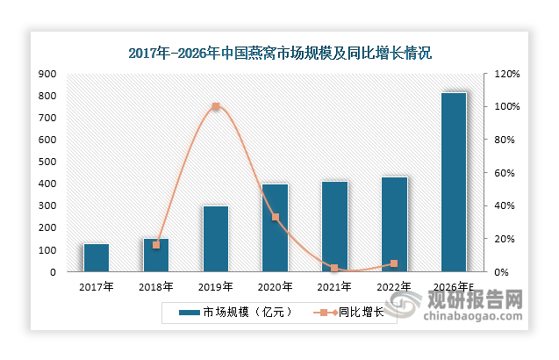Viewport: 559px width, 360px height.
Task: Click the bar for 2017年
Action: point(97,258)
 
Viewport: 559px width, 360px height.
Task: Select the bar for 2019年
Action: point(216,239)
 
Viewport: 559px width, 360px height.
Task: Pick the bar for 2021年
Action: point(334,227)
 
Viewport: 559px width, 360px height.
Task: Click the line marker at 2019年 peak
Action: point(216,107)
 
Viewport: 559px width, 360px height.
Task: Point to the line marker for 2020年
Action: point(276,217)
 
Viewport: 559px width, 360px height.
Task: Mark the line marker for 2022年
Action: point(394,263)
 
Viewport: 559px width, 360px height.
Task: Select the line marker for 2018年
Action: point(156,245)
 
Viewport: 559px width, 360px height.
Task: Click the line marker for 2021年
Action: point(334,268)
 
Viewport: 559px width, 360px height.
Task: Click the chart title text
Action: point(280,54)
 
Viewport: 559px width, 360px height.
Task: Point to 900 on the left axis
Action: point(47,74)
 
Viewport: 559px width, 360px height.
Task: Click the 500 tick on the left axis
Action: point(47,162)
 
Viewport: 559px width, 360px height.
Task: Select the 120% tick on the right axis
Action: point(507,74)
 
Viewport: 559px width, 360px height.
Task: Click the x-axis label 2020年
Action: point(276,286)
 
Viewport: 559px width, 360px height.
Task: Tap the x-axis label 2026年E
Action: point(454,286)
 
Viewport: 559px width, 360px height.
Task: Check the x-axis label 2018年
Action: point(156,286)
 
